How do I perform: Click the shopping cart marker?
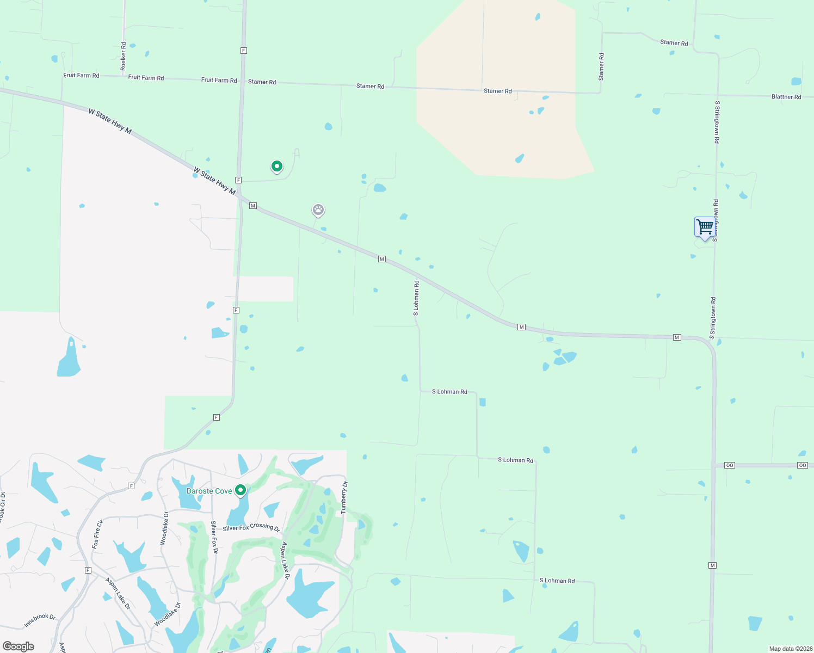705,226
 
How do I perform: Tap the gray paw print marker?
318,210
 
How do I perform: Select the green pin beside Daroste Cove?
240,490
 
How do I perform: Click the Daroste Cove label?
209,491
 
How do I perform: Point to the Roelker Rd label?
124,56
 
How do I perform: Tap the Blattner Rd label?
786,97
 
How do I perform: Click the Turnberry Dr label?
344,498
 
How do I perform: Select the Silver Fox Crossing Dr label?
251,527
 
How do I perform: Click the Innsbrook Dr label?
40,620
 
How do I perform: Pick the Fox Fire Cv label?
97,534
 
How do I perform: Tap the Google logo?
18,646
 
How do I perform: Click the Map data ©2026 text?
791,649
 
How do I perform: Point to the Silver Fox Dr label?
214,537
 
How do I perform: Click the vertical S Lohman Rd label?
416,298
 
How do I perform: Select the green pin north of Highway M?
277,166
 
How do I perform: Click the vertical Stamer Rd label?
601,67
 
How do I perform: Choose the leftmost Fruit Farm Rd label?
82,76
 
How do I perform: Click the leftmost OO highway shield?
730,465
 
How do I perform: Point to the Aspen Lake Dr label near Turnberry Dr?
286,560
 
